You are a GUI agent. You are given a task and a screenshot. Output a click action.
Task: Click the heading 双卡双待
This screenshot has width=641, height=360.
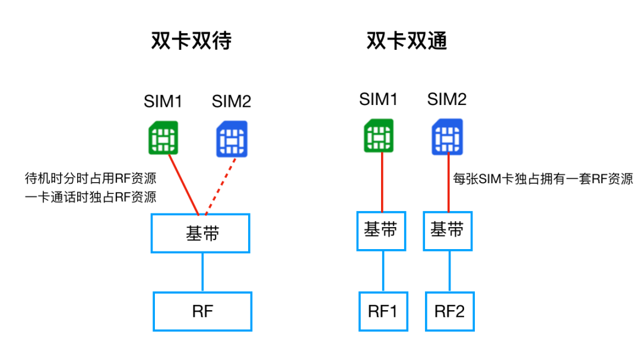[x=191, y=41]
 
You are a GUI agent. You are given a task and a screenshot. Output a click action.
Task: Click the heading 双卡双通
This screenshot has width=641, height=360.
[x=406, y=41]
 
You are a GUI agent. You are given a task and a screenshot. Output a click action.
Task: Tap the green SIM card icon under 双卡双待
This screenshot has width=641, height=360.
[x=163, y=138]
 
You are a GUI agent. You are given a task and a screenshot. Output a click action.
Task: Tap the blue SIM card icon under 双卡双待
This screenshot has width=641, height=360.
[x=231, y=138]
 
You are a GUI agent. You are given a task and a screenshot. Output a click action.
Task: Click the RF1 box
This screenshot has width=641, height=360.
[x=383, y=311]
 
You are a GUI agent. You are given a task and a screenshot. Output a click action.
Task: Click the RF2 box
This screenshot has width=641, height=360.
[x=449, y=311]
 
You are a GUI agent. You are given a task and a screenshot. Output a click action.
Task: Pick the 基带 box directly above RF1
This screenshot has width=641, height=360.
[x=381, y=230]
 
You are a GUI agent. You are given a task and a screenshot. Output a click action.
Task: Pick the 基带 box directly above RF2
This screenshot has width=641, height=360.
[x=448, y=230]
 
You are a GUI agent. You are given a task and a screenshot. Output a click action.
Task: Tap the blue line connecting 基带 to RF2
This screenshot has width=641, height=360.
[x=449, y=270]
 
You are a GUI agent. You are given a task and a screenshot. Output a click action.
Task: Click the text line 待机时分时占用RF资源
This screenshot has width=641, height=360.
[x=90, y=179]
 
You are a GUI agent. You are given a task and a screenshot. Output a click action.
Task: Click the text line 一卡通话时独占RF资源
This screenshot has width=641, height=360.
[x=90, y=197]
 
